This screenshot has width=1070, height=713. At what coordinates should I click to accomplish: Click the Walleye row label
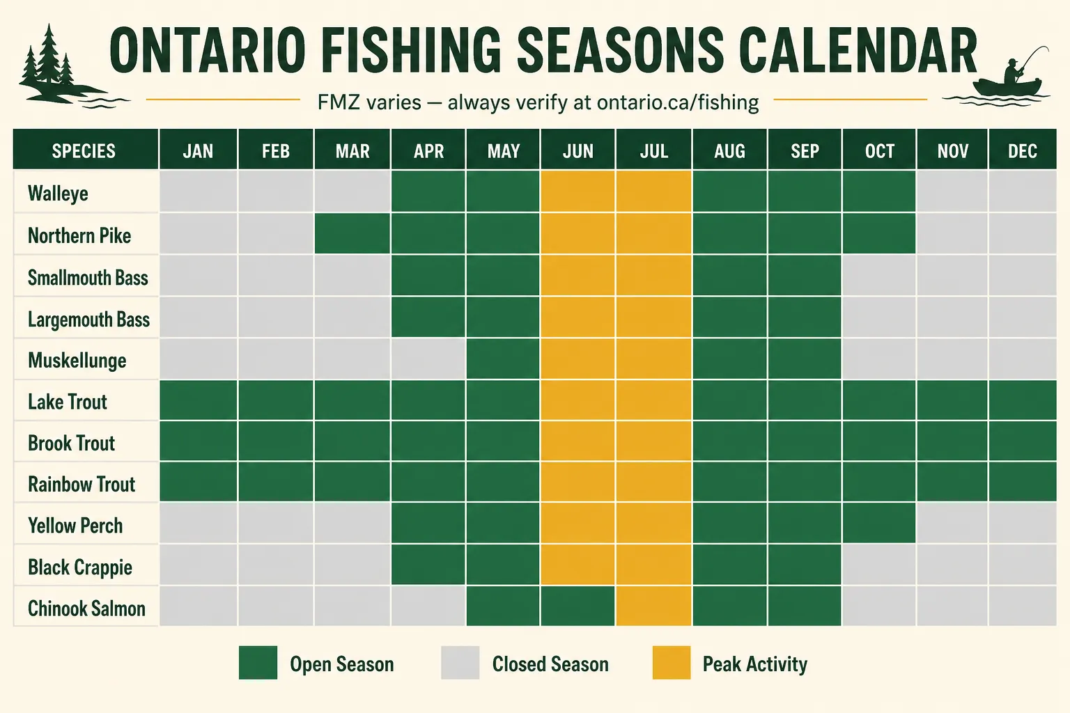(x=58, y=194)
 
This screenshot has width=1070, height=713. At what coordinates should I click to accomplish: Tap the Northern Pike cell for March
(x=352, y=233)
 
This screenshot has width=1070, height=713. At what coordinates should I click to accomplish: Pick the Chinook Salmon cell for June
(x=577, y=606)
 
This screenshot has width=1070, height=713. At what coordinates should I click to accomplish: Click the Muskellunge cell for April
(x=428, y=358)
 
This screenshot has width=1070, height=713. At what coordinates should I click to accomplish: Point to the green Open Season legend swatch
(x=258, y=662)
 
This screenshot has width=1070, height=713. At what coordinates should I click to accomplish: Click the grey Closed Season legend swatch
(x=460, y=662)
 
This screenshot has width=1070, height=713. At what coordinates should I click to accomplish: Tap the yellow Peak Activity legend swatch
(x=672, y=662)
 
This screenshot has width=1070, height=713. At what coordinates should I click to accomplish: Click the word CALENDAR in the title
(x=858, y=50)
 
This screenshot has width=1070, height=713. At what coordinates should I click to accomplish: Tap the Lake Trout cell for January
(x=199, y=400)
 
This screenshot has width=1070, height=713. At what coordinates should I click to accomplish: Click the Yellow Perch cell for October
(x=879, y=522)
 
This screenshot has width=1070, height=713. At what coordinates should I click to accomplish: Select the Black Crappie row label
(x=80, y=567)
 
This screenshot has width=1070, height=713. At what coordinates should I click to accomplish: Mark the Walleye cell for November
(x=952, y=191)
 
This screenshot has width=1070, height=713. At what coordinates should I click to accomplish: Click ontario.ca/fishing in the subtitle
(x=678, y=102)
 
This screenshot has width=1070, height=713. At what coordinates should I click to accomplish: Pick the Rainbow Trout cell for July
(x=653, y=482)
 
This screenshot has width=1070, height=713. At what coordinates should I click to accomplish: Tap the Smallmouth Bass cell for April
(x=428, y=274)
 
